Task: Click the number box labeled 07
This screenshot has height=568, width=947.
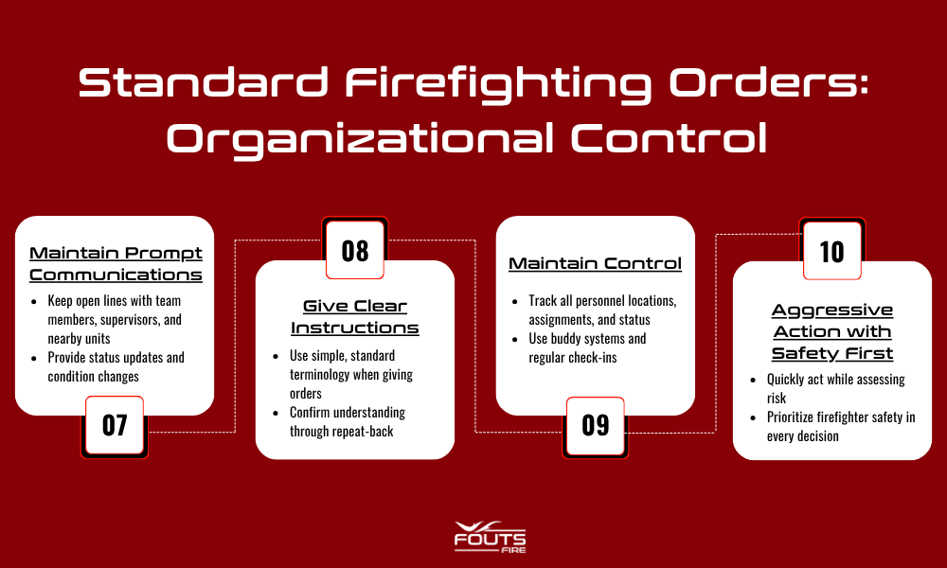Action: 115,425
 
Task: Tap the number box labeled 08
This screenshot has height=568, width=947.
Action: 355,251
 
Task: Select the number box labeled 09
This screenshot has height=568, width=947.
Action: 596,425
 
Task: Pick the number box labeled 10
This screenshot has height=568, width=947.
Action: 832,251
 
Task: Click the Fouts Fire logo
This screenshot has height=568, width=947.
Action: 490,536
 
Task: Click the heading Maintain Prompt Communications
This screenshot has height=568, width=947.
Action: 116,263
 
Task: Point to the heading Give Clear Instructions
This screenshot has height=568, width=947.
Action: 355,316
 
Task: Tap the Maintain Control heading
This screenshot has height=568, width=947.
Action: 596,263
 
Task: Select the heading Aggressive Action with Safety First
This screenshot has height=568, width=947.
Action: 832,331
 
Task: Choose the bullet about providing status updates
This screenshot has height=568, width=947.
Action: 116,366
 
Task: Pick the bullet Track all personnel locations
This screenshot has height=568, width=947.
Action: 602,310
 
